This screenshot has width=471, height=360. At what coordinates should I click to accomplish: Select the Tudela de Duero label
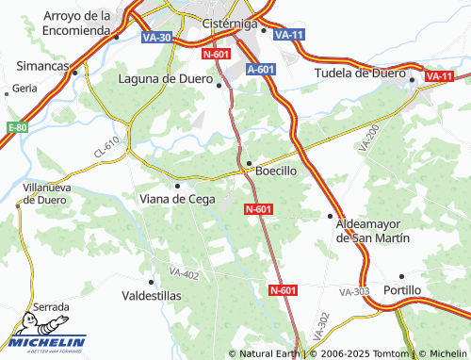pyautogui.click(x=359, y=73)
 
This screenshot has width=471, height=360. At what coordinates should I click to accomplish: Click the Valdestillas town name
pyautogui.click(x=153, y=295)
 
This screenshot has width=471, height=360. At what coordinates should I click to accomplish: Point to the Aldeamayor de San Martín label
pyautogui.click(x=374, y=231)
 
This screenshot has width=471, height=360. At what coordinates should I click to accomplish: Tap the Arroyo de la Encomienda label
pyautogui.click(x=77, y=23)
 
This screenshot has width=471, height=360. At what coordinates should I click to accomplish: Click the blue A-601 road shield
pyautogui.click(x=261, y=70)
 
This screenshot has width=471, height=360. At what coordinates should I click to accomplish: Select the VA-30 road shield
pyautogui.click(x=157, y=37)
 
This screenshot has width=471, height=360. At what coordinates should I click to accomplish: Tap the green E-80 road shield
pyautogui.click(x=16, y=127)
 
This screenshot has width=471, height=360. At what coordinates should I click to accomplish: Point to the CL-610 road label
pyautogui.click(x=106, y=146)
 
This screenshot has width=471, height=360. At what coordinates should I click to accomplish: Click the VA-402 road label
pyautogui.click(x=185, y=273)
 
